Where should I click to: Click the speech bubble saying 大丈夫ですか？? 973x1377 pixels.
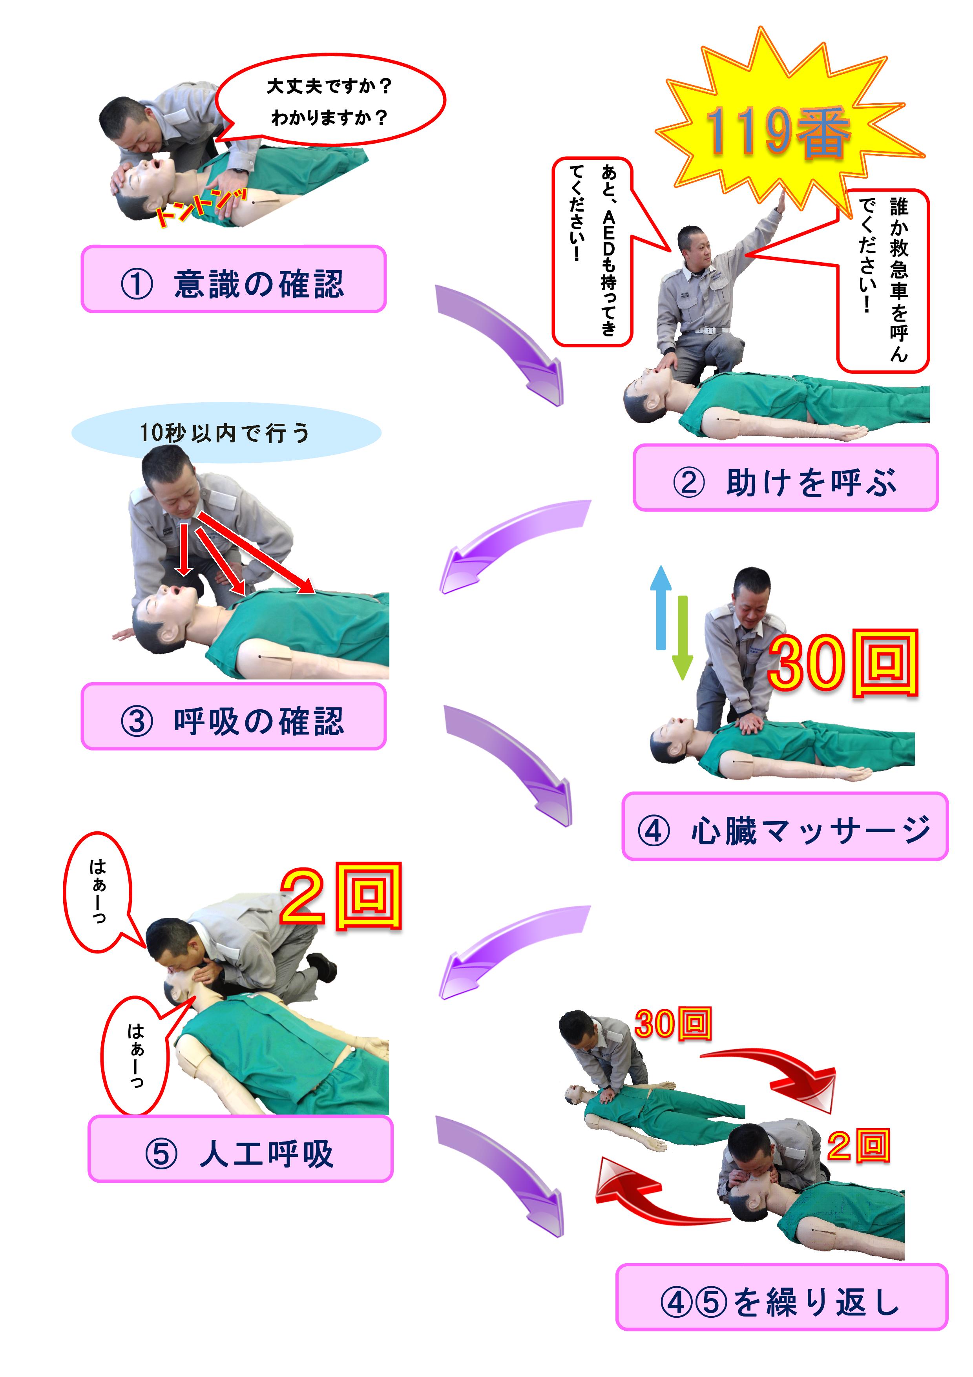330,101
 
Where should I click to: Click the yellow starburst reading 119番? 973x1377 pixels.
779,132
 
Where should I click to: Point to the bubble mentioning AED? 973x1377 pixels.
592,252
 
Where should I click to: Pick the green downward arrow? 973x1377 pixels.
682,639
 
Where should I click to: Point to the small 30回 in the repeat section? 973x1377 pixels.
673,1024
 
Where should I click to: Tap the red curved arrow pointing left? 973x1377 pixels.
648,1200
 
